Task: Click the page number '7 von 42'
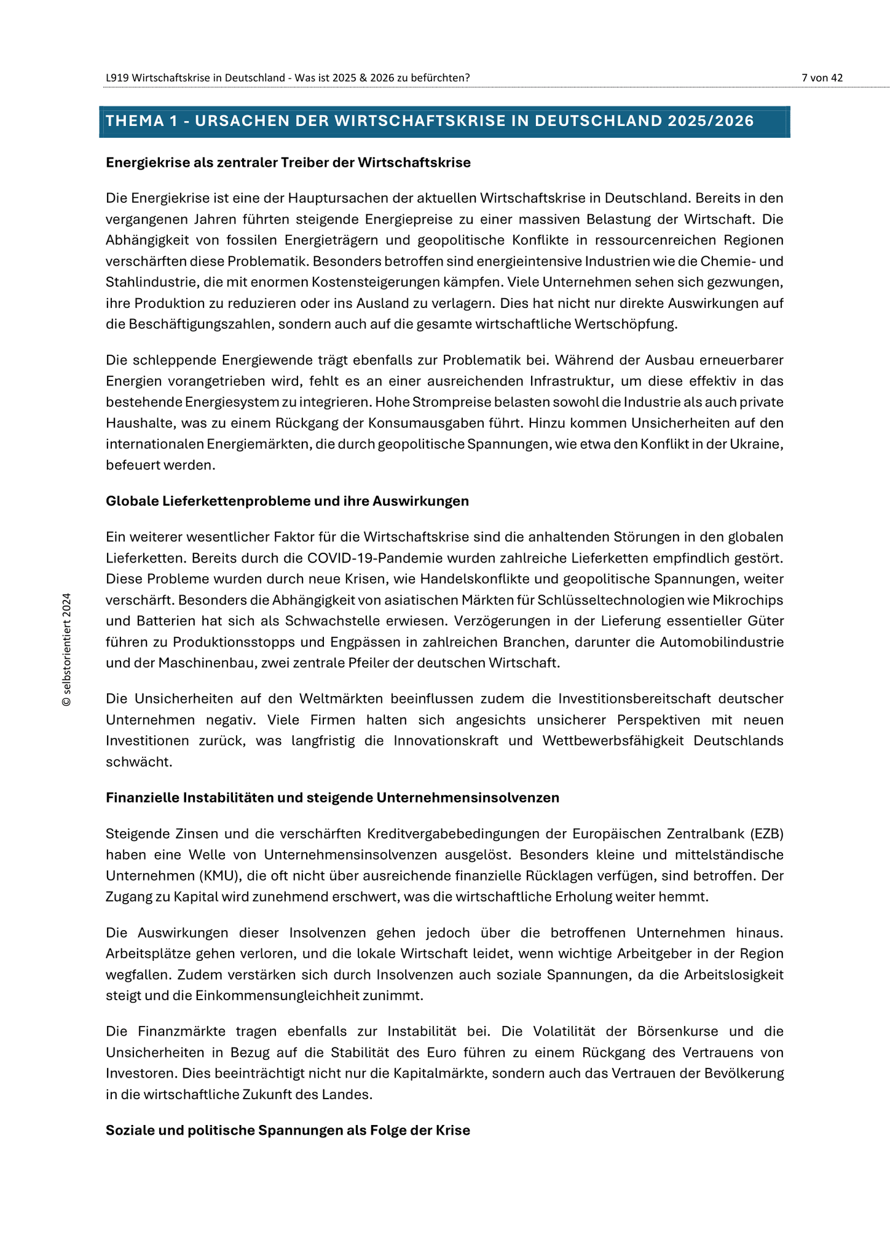coord(822,77)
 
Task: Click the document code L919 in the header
coord(117,77)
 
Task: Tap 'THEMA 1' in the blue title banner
coord(144,121)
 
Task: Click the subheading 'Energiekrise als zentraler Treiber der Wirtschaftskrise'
coord(288,162)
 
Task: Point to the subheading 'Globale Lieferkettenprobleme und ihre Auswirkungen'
coord(287,501)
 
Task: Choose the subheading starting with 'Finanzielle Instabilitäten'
coord(332,797)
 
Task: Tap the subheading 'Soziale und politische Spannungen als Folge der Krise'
coord(288,1130)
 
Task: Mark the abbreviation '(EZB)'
coord(766,834)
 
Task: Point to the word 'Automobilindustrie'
coord(722,642)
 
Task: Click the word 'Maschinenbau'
coord(208,663)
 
